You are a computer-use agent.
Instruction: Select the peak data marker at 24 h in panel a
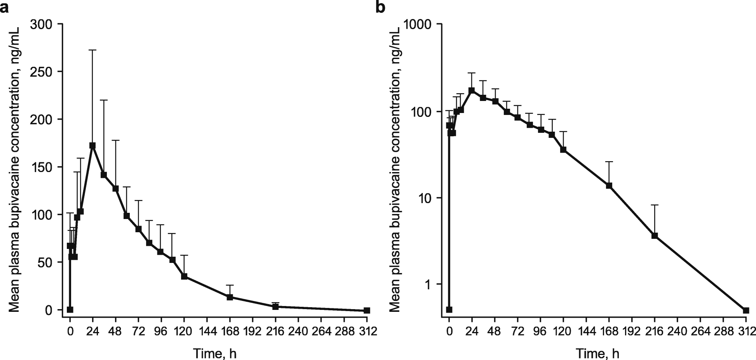pyautogui.click(x=92, y=145)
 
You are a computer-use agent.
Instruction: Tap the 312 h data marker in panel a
pyautogui.click(x=367, y=310)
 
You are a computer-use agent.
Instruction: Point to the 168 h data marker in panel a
pyautogui.click(x=230, y=297)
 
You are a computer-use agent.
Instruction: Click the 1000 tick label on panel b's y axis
pyautogui.click(x=416, y=24)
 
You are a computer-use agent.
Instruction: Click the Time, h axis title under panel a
pyautogui.click(x=215, y=353)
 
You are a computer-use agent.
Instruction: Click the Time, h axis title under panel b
pyautogui.click(x=598, y=353)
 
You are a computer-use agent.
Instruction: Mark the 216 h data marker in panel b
pyautogui.click(x=655, y=236)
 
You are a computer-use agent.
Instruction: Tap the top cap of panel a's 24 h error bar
pyautogui.click(x=92, y=50)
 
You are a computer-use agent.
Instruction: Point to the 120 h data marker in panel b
pyautogui.click(x=563, y=150)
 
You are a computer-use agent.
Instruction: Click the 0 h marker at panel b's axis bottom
pyautogui.click(x=449, y=310)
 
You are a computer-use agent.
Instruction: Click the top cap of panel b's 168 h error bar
pyautogui.click(x=609, y=162)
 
